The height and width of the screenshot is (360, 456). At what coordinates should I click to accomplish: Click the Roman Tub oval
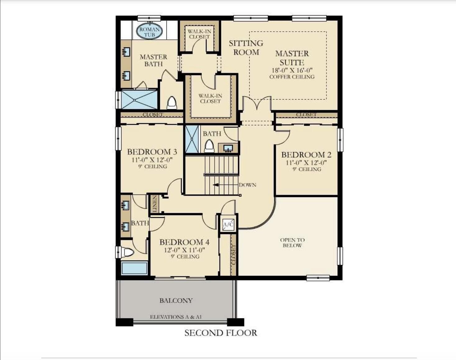(149, 32)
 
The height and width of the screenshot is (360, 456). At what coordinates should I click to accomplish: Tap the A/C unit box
(228, 224)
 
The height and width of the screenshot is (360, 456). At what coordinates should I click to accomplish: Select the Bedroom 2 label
(306, 155)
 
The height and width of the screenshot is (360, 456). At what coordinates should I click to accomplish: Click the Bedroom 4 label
(184, 242)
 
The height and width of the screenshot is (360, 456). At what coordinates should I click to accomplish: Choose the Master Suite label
(292, 58)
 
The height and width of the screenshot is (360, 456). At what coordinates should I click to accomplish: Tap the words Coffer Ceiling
(292, 77)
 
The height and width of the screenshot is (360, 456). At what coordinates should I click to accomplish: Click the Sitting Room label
(246, 48)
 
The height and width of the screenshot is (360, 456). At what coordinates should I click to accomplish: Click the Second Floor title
(221, 333)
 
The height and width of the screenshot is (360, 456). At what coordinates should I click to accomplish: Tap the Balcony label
(176, 300)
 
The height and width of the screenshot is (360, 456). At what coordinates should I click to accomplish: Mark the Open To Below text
(292, 242)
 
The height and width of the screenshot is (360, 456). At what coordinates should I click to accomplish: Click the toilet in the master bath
(171, 103)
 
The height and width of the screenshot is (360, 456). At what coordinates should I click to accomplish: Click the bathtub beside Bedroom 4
(134, 268)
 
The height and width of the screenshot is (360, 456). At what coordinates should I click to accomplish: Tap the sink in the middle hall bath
(228, 149)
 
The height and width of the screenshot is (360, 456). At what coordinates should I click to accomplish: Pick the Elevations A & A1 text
(176, 317)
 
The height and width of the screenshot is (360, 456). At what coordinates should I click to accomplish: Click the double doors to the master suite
(257, 103)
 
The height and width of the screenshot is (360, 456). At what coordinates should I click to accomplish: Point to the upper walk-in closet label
(199, 34)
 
